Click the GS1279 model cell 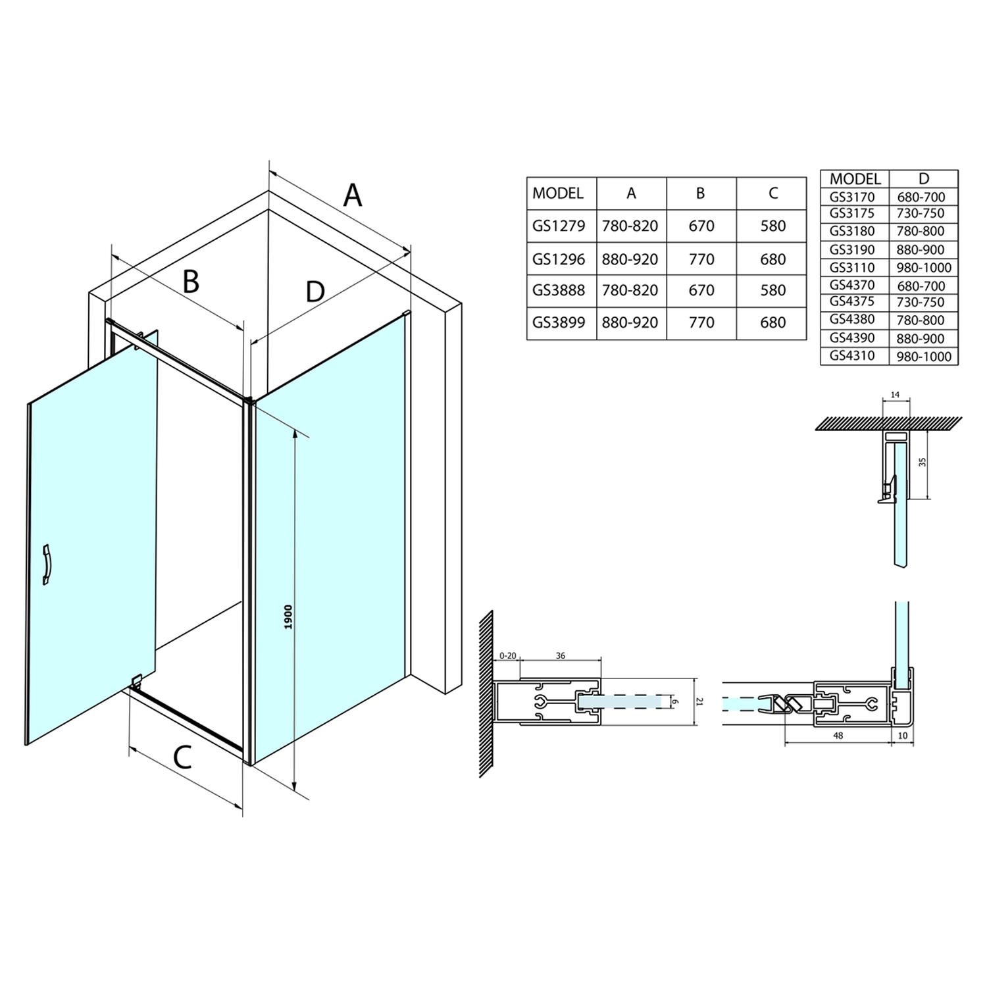tap(559, 226)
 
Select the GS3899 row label tap(559, 322)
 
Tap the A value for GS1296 tap(630, 259)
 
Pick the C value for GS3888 tap(772, 290)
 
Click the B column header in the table tap(701, 193)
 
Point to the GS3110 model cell tap(852, 266)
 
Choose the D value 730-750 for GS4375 tap(921, 303)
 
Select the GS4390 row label tap(852, 338)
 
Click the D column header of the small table tap(924, 178)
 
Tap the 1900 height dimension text tap(288, 617)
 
